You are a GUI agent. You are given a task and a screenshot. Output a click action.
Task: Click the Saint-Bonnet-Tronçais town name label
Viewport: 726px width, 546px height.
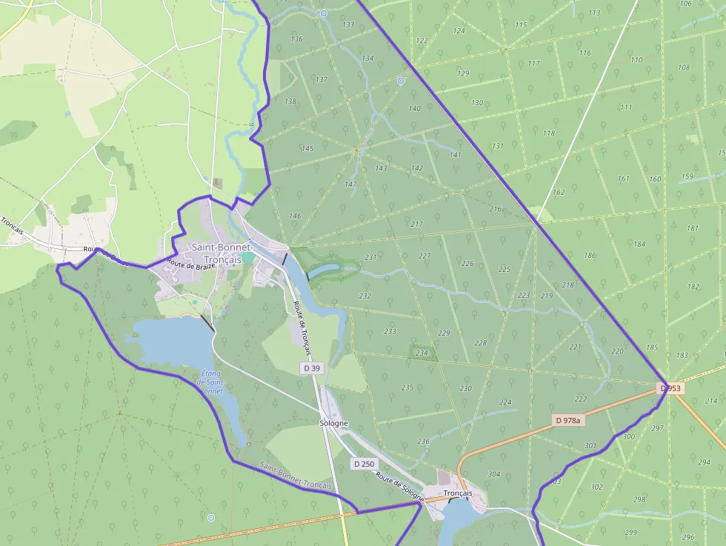point(222,253)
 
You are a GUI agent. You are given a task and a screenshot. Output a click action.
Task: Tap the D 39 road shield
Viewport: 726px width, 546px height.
point(312,367)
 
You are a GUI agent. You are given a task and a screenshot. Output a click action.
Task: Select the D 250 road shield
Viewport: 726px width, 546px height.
point(364,464)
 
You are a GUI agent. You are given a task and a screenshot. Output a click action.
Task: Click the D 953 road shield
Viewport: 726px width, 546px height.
point(670,388)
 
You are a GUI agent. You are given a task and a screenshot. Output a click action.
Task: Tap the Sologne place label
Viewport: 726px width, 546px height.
point(333,423)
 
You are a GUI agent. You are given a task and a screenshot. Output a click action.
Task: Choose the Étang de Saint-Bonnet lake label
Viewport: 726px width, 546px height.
point(211,382)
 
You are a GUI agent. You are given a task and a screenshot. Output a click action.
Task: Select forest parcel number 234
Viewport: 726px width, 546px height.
point(422,353)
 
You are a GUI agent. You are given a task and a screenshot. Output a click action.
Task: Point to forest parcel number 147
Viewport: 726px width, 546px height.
point(351,184)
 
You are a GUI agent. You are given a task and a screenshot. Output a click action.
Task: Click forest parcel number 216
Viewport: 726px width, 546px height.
point(496,209)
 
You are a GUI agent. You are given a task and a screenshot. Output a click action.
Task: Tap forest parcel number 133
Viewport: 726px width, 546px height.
point(348,25)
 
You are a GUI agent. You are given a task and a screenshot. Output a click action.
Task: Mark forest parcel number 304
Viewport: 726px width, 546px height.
point(493,474)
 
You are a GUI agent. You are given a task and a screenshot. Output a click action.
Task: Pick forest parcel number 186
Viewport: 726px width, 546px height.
point(590,256)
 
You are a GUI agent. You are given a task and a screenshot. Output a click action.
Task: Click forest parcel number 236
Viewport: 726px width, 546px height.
point(423,442)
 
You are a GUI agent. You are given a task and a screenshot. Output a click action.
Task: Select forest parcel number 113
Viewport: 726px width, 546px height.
point(594,13)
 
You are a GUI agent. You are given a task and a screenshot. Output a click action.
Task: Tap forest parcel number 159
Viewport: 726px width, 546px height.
point(687,176)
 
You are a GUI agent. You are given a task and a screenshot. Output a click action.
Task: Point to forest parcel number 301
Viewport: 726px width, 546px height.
point(590,445)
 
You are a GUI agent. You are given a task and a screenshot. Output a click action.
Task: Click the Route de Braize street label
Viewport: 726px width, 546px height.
point(191,262)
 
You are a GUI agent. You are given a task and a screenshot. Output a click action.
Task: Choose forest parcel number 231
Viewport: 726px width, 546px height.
point(370,258)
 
